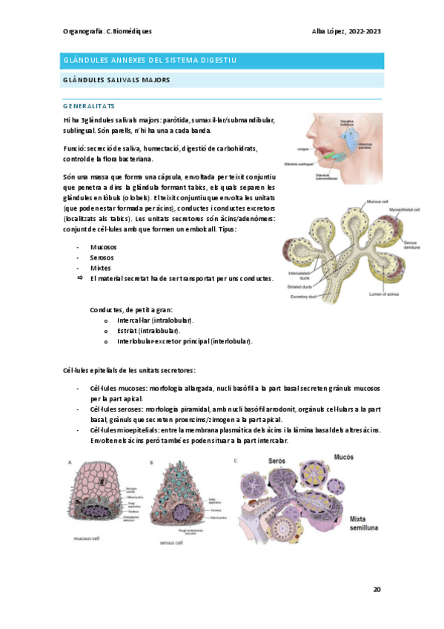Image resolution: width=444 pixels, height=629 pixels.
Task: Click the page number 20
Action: pos(377,590)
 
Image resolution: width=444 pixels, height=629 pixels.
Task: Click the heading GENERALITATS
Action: pos(88,106)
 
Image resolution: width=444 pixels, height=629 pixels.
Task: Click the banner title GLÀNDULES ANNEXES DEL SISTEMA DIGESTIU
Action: pos(150,60)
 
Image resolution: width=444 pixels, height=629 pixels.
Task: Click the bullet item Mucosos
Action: pos(103,246)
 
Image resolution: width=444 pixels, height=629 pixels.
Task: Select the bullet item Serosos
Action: pos(102,257)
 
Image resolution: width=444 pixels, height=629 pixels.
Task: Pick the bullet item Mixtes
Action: pos(100,268)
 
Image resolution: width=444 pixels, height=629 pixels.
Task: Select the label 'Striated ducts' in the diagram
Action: pos(302,284)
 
